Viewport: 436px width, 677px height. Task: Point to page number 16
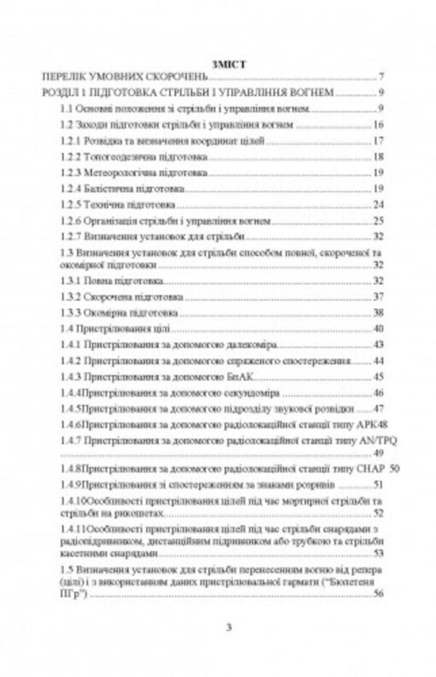[378, 124]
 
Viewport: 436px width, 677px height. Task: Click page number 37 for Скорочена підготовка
[378, 297]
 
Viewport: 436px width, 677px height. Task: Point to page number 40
[378, 329]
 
